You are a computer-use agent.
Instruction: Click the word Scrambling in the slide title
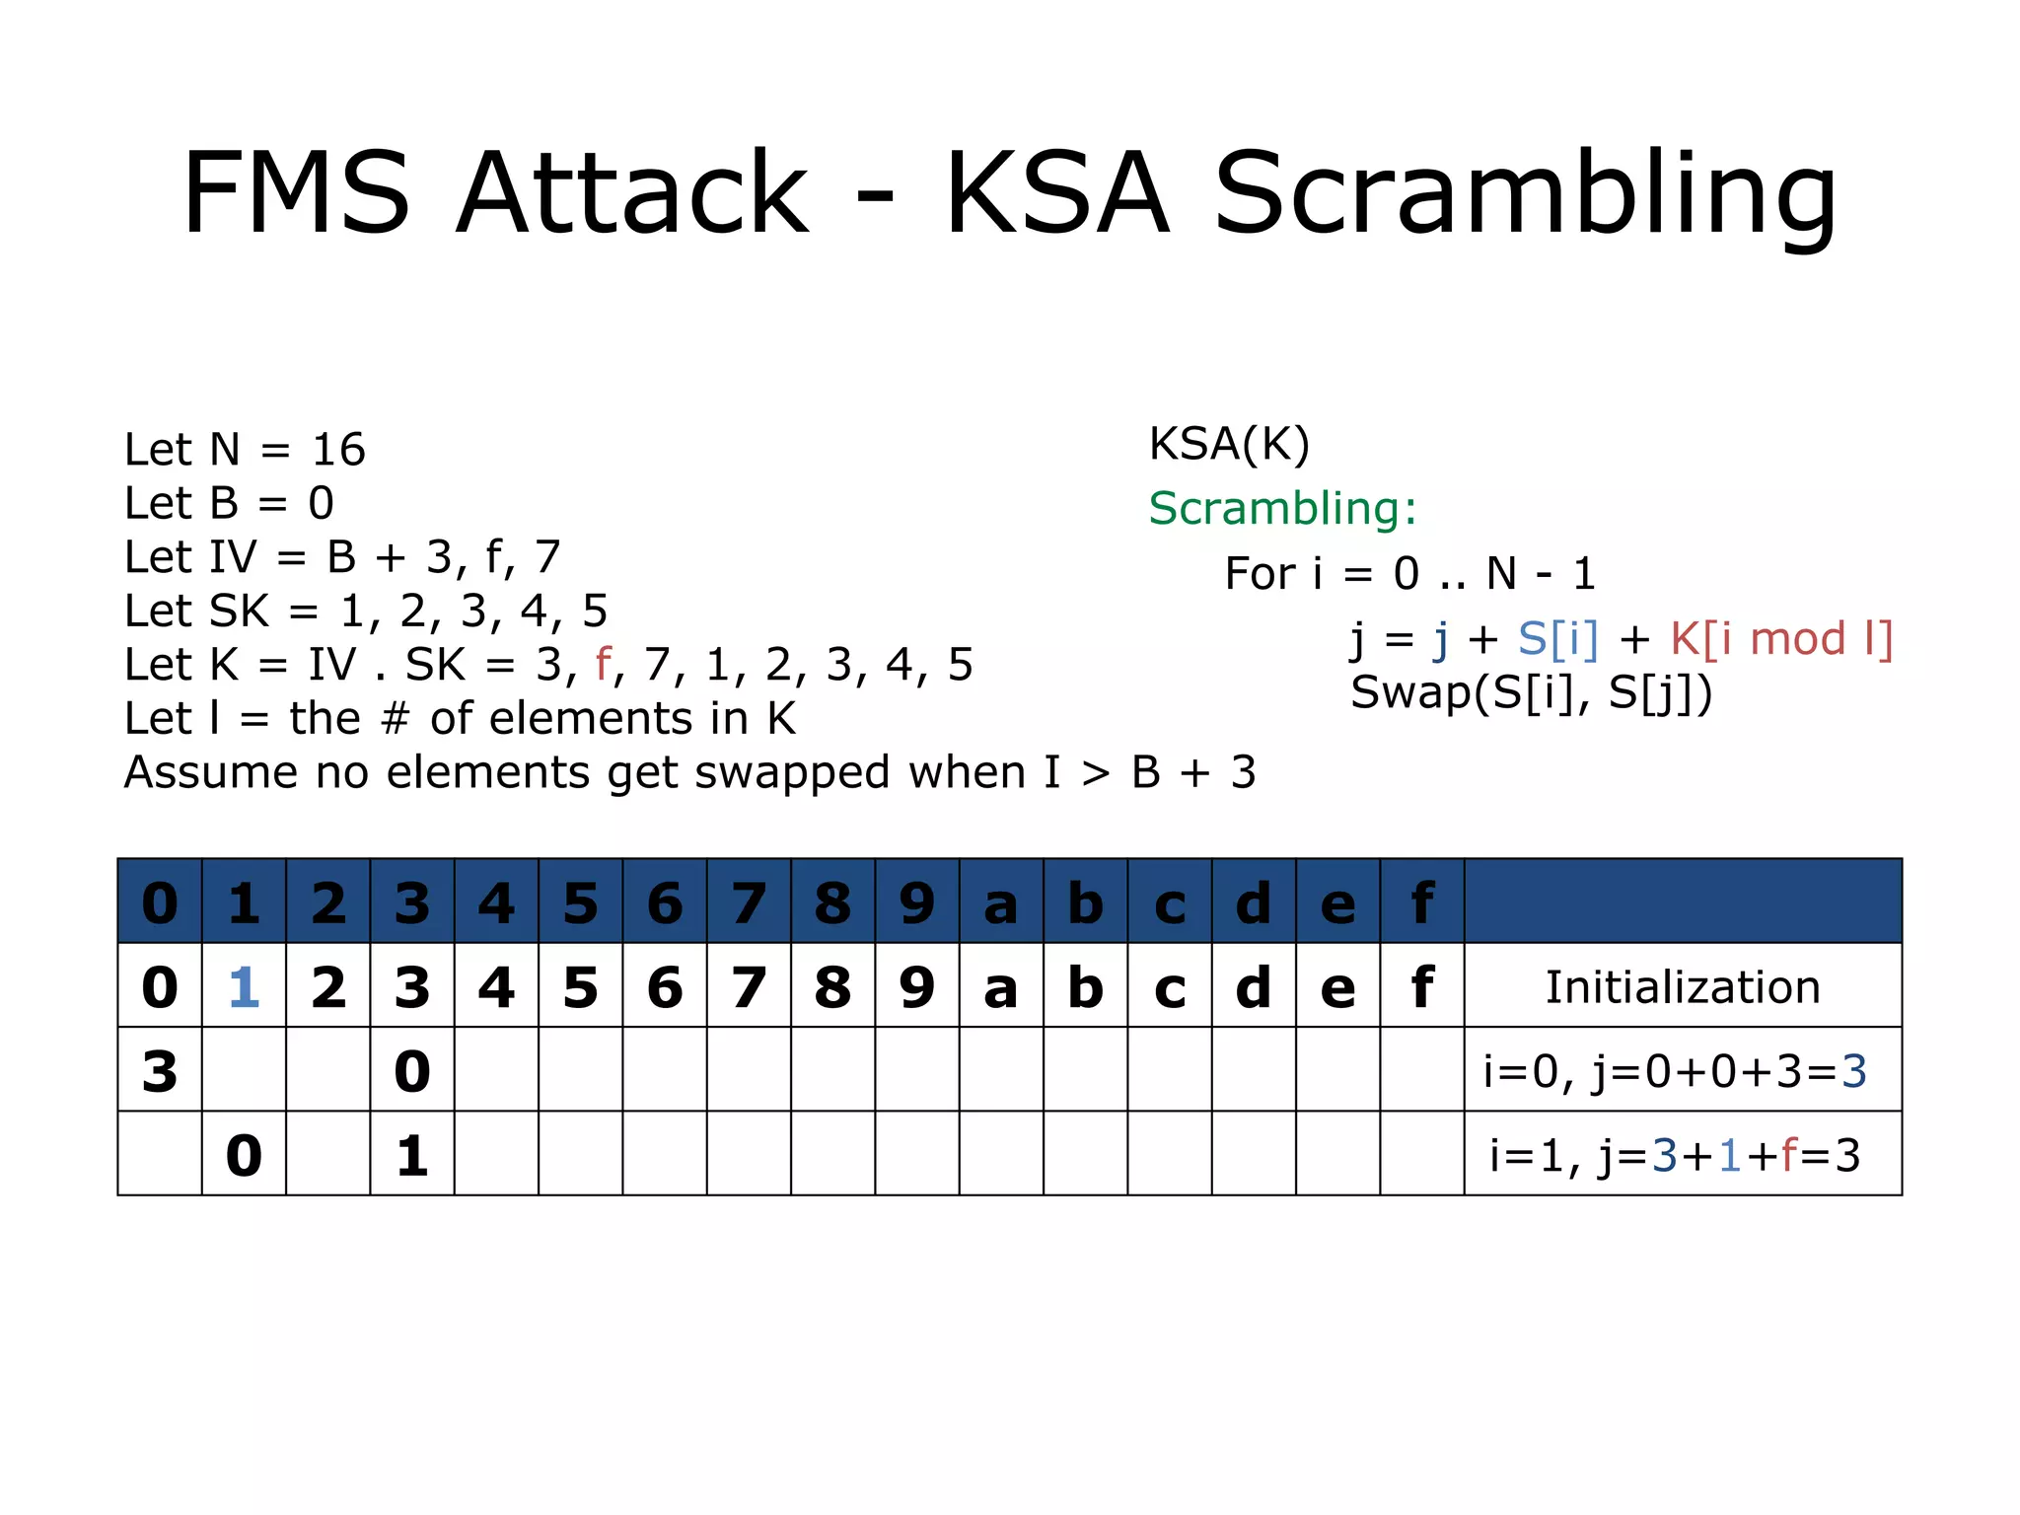click(1525, 193)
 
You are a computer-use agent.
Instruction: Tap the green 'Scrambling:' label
click(1282, 509)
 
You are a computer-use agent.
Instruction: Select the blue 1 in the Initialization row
click(244, 987)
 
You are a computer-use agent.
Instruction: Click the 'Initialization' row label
click(1683, 987)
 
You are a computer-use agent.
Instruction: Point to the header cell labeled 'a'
click(1001, 903)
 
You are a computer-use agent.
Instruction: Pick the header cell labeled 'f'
click(1421, 903)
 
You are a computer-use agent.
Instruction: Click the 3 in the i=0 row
click(160, 1071)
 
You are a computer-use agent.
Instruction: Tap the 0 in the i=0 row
click(412, 1071)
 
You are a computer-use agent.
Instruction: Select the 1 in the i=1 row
click(412, 1156)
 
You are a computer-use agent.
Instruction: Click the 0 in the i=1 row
click(244, 1156)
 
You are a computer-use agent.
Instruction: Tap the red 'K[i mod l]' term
click(1781, 639)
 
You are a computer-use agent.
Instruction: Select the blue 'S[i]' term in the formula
click(1557, 639)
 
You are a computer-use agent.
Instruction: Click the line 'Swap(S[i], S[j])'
click(1531, 692)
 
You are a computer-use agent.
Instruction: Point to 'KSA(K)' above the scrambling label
click(1229, 445)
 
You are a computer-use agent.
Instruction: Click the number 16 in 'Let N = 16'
click(338, 451)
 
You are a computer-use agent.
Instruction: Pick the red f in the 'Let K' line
click(603, 665)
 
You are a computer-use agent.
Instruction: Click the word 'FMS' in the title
click(296, 193)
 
